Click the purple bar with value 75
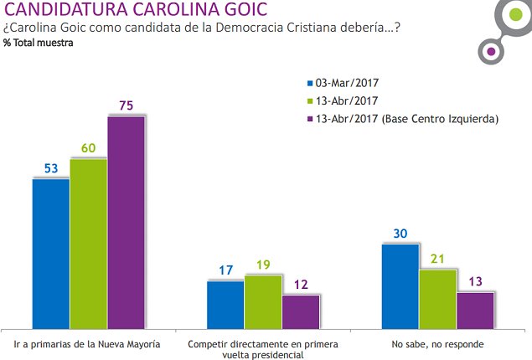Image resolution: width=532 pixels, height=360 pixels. click(x=126, y=222)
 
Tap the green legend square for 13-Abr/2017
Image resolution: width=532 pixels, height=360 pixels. click(x=308, y=101)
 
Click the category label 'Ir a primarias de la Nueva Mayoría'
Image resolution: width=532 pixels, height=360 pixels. click(x=88, y=343)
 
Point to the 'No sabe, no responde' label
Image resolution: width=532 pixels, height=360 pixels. click(x=437, y=343)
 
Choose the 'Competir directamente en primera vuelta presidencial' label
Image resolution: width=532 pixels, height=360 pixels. click(x=263, y=349)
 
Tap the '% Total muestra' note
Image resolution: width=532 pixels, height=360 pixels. click(x=37, y=44)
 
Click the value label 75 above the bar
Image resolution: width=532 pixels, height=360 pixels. click(x=126, y=105)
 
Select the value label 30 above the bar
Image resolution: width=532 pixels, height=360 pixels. click(x=400, y=234)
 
